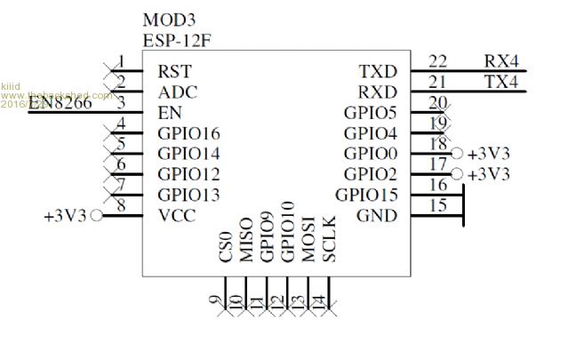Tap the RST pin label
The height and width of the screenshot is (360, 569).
pos(174,70)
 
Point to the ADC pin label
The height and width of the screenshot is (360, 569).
pos(177,92)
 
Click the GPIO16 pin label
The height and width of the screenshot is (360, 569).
pos(188,133)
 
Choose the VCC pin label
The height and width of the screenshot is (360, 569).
pos(176,215)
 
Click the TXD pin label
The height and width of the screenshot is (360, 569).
pos(378,70)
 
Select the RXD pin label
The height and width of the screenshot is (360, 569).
pos(378,92)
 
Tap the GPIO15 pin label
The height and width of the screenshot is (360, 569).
pos(366,195)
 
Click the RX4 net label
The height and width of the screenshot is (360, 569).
pos(501,60)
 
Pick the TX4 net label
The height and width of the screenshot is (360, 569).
pos(501,82)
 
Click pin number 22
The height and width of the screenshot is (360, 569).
pos(437,60)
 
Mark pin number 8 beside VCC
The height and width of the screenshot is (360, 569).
pos(120,206)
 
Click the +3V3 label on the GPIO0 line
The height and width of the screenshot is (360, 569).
pos(489,153)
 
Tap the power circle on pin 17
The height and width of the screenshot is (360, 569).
pos(457,174)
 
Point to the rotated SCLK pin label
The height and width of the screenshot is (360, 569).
pos(329,238)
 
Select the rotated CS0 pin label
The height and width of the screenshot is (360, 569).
pos(226,246)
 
